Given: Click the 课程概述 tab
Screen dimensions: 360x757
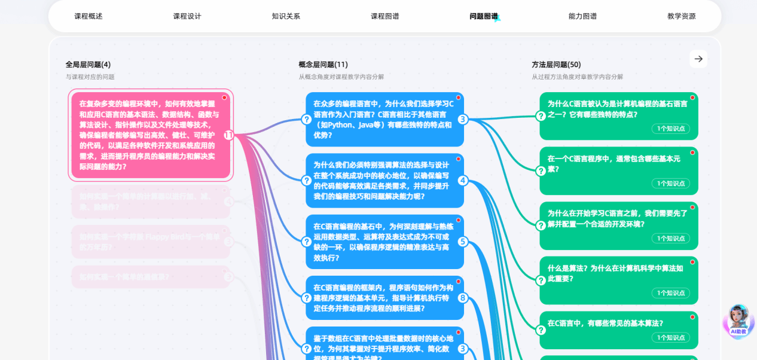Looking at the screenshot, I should point(88,16).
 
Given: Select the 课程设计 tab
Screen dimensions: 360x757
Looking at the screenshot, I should point(187,16).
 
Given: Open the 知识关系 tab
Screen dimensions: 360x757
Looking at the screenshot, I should point(286,16).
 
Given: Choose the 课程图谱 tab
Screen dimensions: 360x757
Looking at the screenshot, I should point(385,16).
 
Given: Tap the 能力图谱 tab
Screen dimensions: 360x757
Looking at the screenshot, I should point(582,16).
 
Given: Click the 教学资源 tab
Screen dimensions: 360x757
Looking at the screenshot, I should point(682,16).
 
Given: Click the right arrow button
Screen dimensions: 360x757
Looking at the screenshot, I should point(698,59).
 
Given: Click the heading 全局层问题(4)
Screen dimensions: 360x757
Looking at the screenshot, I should point(88,65).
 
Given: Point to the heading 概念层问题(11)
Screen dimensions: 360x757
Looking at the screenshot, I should point(323,65).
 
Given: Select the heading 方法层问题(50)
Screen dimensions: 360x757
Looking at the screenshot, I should point(556,65).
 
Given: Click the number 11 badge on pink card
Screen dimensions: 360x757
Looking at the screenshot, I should point(228,136).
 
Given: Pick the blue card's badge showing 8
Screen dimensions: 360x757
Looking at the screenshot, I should point(463,298).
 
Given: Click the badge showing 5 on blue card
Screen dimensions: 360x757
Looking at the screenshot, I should point(463,242).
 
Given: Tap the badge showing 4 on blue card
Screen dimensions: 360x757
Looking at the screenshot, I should point(463,181).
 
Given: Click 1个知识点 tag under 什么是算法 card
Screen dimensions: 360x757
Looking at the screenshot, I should point(670,293).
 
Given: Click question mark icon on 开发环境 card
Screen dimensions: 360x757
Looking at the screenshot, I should point(541,225).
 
